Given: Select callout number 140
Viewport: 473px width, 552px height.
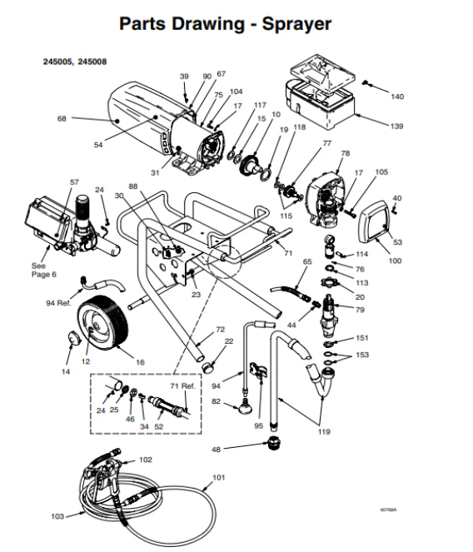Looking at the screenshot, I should point(396,97).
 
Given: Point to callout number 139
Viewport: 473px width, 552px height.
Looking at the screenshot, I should point(396,126).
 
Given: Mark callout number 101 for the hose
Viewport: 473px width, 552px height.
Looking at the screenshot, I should point(219,477).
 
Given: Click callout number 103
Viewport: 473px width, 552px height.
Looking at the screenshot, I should point(57,516).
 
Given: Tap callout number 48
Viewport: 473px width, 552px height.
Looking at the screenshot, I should point(217,449).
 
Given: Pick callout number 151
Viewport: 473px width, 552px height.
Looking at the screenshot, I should point(361,338).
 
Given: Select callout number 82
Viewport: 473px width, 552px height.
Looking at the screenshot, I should point(216,401).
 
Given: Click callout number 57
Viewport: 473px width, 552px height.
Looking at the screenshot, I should point(74,182).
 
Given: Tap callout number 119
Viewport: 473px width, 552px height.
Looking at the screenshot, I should point(323,431).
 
